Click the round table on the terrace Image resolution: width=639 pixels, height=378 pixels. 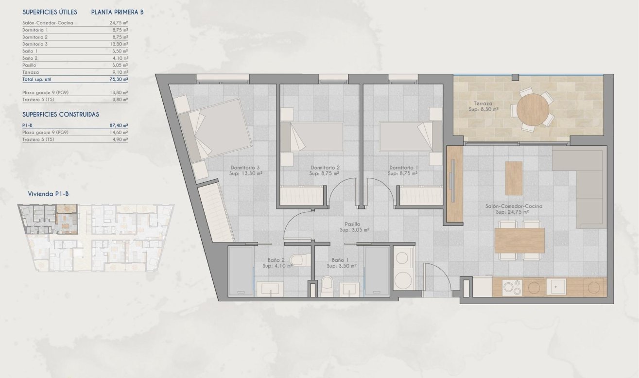coord(531,109)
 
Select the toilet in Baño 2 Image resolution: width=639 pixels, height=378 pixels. coord(297,260)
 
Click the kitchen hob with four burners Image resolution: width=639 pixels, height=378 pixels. coord(512,287)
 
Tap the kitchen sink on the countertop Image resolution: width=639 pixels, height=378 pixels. coord(557,287)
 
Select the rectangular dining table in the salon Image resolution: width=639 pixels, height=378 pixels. coord(519,241)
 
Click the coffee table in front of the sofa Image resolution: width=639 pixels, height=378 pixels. coord(514,178)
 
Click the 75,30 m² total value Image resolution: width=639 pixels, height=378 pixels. coord(119,79)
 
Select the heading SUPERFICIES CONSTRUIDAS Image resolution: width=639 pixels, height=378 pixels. coord(61,115)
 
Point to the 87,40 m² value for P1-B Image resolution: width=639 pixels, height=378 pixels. coord(119,125)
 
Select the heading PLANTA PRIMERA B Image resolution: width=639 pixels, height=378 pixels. coord(117,12)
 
